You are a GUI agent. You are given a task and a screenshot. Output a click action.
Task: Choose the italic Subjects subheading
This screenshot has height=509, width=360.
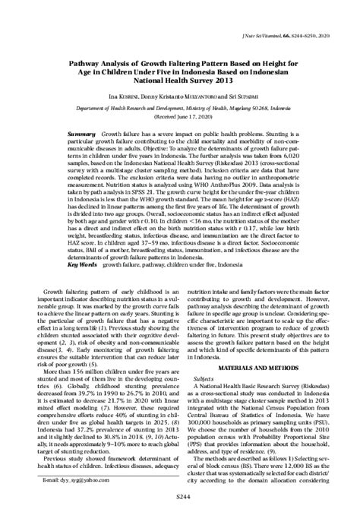click(204, 377)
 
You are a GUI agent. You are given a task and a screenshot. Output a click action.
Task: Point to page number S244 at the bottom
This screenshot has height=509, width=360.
click(179, 495)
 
